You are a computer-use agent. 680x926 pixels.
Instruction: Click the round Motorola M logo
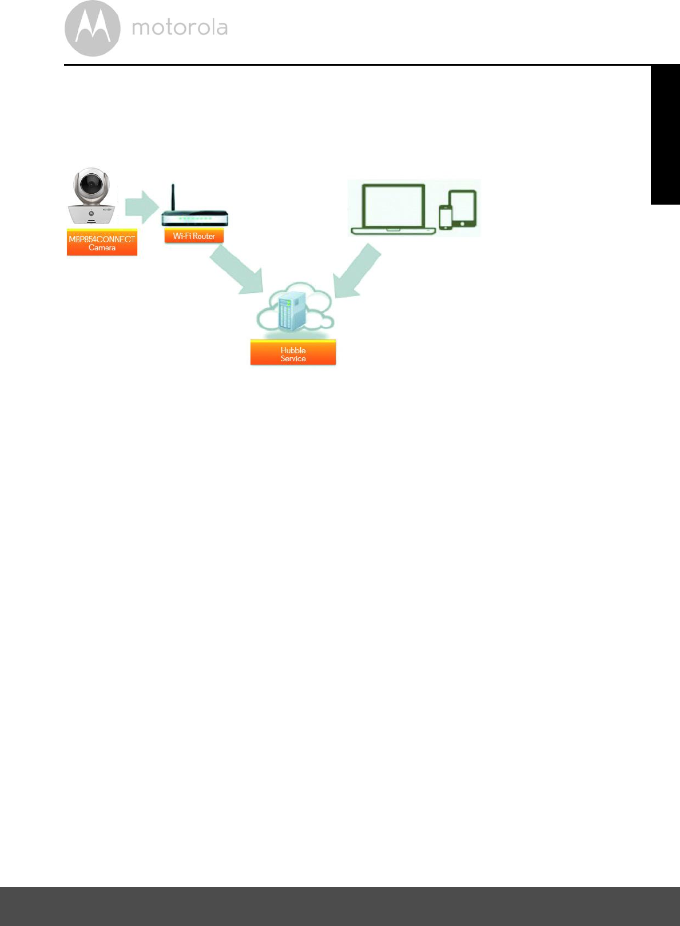tap(92, 29)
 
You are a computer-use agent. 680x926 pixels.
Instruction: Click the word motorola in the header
tap(180, 27)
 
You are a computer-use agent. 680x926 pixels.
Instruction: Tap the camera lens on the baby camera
tap(90, 184)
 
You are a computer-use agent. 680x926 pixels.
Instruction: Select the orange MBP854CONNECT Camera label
tap(102, 244)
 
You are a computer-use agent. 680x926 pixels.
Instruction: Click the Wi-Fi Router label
tap(194, 236)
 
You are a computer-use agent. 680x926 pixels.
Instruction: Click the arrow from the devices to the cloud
tap(357, 272)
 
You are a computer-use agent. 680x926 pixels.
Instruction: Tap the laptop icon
tap(393, 208)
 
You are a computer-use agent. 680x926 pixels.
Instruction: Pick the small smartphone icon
tap(446, 217)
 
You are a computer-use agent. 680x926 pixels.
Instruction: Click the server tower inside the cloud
tap(292, 311)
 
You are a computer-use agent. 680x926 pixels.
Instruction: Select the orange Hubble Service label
tap(293, 353)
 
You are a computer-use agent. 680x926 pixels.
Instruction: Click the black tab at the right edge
tap(665, 135)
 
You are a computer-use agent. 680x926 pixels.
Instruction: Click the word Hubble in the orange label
tap(293, 350)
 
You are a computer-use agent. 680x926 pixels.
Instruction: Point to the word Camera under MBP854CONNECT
tap(102, 248)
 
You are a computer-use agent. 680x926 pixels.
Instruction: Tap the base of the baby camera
tap(92, 215)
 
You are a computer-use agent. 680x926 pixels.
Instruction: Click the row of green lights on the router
tap(194, 218)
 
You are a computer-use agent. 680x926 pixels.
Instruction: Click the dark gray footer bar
tap(340, 906)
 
